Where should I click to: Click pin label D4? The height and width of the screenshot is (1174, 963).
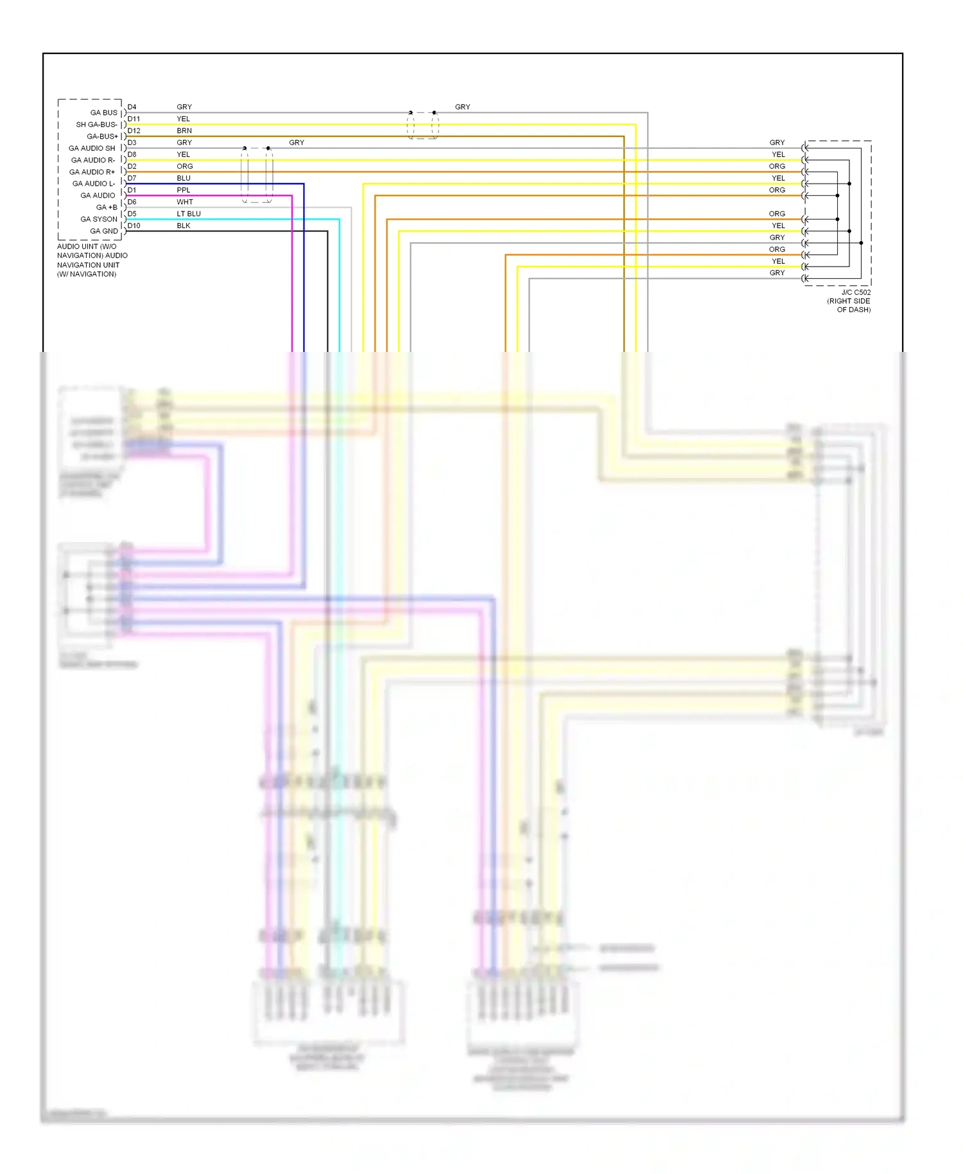point(132,107)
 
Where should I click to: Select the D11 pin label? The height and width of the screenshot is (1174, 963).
point(134,119)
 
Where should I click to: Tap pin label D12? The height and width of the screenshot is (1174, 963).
point(134,130)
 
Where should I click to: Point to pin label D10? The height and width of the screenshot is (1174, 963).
point(134,225)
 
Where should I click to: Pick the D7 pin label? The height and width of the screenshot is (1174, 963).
point(132,178)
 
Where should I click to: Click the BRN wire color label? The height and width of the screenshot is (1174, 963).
point(184,130)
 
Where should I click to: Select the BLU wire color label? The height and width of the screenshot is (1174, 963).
point(184,178)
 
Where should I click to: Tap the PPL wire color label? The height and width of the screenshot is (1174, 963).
point(184,190)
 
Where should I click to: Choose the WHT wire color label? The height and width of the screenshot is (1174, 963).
point(185,202)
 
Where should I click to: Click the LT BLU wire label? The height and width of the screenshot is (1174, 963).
point(189,214)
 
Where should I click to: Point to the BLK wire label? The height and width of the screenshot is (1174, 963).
point(184,225)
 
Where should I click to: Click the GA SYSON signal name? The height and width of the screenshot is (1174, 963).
point(99,219)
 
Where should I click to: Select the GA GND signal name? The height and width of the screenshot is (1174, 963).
point(104,231)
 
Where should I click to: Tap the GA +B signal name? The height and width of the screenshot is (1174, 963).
point(107,207)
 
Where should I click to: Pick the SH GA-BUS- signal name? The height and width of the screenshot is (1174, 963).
point(96,125)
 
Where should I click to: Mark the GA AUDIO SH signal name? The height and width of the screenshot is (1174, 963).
point(92,148)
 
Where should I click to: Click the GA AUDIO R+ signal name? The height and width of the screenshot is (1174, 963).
point(92,172)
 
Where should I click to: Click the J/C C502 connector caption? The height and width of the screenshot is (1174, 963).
point(856,292)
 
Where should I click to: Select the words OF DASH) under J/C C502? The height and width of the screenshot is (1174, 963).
point(853,310)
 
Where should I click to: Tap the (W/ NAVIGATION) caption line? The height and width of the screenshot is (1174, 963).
point(87,274)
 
